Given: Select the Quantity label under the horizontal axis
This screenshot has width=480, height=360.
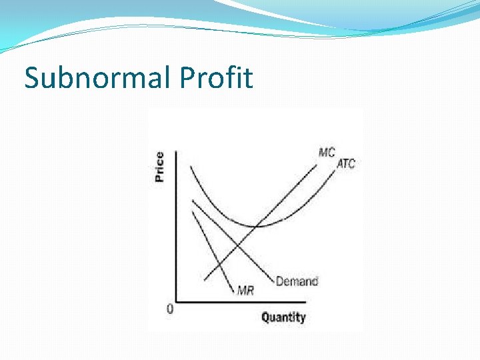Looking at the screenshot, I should pos(283,317).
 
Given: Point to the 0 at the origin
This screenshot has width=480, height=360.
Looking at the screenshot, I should pos(170,309).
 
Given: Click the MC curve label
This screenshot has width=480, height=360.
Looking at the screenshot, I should pos(327,152).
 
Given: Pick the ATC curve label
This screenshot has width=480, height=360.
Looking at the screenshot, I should pos(346,164).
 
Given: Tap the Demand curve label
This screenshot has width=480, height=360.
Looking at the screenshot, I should pos(297,281).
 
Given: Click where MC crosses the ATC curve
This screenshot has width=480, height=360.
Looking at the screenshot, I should pos(257,226).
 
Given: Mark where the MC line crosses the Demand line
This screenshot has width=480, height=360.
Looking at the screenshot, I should pos(237,245).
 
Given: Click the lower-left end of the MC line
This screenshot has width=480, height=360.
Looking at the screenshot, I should pos(203,279).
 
